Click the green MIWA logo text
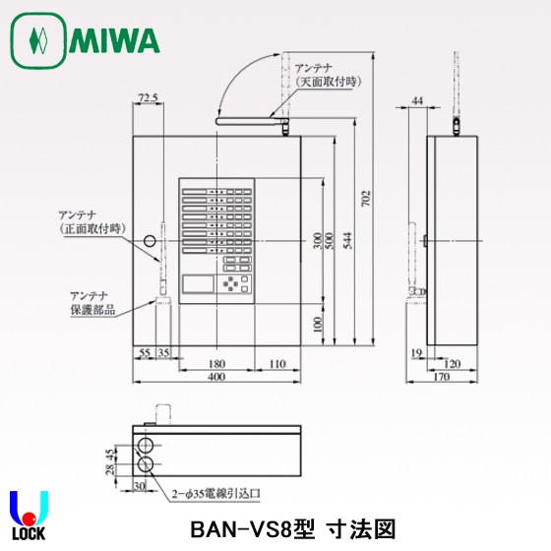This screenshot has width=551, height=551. pos(114,41)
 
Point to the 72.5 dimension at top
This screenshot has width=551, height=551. pos(148,98)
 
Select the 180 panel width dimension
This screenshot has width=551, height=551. pos(215,364)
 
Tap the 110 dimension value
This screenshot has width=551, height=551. pos(276,364)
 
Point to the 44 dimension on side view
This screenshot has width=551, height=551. pos(417,100)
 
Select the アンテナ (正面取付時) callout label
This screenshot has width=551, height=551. pos(90,221)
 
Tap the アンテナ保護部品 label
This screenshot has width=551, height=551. pos(92,302)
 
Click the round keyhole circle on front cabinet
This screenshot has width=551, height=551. pos(149,241)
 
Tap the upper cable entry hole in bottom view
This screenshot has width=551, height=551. pos(146,442)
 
